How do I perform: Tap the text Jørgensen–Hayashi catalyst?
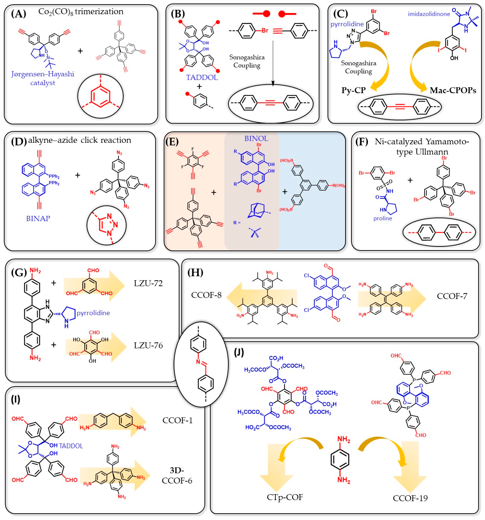pos(43,78)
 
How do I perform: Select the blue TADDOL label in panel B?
pos(202,77)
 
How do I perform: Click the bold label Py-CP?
pos(353,90)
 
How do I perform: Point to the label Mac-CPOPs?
pos(453,90)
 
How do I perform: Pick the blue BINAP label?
pos(38,218)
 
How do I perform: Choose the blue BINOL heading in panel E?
pos(256,138)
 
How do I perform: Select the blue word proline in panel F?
pos(382,218)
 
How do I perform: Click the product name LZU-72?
pos(148,283)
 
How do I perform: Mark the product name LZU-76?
pos(148,346)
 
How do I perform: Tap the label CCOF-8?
pos(206,295)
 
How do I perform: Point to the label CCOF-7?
pos(452,296)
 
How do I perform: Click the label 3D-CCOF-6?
pos(177,475)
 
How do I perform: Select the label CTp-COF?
pos(285,497)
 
